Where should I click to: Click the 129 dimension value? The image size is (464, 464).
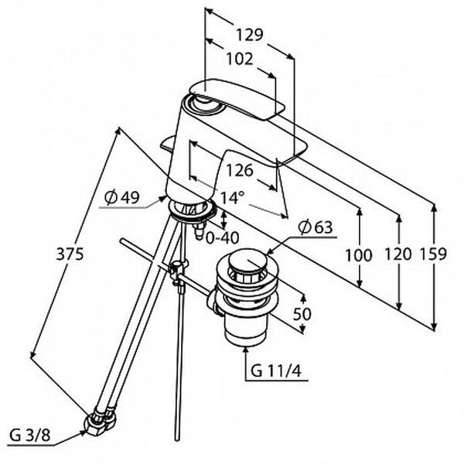point(249,35)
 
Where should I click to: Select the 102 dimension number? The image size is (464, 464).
point(240,59)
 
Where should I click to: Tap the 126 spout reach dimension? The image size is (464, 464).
point(240,170)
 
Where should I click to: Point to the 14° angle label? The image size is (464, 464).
point(232,197)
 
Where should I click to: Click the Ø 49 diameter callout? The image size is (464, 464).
point(122,196)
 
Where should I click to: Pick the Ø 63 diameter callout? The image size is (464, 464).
point(316,227)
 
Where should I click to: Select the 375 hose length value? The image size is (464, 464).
point(70,254)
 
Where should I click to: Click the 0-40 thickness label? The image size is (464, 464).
point(222,238)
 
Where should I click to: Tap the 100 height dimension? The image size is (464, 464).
point(358,255)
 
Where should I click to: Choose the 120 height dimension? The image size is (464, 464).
point(398,254)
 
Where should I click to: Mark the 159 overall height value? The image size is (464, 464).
point(433,254)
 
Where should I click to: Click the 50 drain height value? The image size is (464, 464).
point(302,314)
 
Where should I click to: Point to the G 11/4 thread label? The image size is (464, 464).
point(276,370)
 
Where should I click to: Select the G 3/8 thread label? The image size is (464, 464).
point(29,435)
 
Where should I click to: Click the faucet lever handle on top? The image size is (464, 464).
point(237,98)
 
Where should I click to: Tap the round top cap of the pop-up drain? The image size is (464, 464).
point(247,260)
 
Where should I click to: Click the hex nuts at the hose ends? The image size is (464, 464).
point(100,421)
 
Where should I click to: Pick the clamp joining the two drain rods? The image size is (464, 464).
point(178,271)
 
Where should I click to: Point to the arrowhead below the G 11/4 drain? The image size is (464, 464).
point(246,350)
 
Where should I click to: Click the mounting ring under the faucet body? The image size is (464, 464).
point(192,210)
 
